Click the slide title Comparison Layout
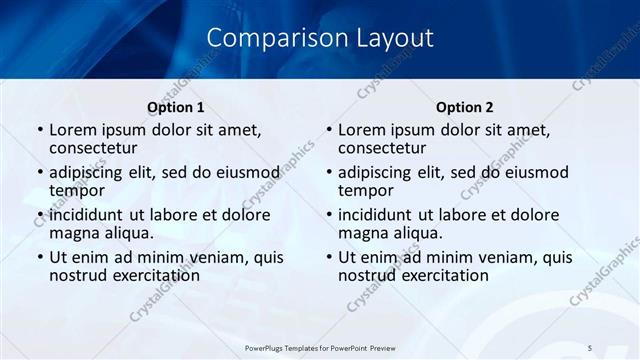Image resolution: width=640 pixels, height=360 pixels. point(320,38)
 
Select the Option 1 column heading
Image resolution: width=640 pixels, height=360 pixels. point(176,107)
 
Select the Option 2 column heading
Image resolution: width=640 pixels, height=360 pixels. point(465,107)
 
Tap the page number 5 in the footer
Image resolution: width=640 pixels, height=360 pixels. point(591,347)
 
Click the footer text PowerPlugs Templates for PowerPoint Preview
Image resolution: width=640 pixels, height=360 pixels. point(320,347)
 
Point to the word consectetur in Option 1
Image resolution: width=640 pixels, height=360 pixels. point(98,148)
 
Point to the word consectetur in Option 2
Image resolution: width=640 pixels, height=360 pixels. point(387,148)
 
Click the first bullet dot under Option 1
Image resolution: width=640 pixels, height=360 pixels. point(39,130)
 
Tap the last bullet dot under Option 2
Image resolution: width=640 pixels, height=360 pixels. point(328,257)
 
